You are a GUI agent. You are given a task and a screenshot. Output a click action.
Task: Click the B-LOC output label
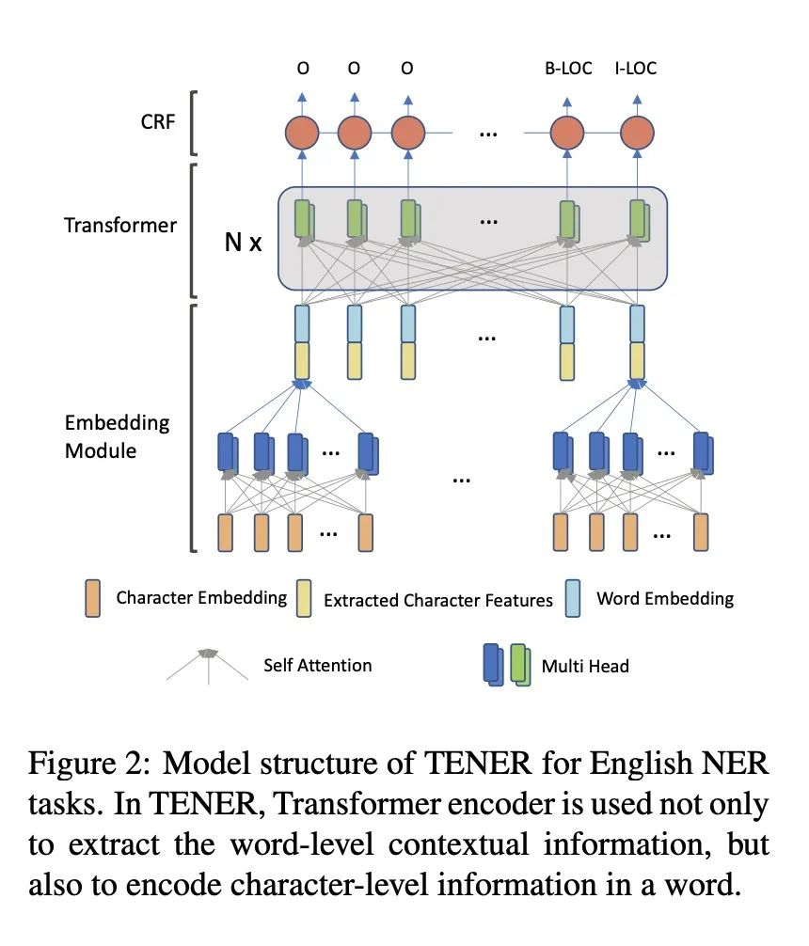click(x=568, y=69)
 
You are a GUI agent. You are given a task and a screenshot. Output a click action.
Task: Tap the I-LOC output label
click(x=636, y=69)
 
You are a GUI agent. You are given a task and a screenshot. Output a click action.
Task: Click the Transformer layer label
click(x=120, y=226)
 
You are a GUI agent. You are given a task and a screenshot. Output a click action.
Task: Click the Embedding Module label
click(x=118, y=436)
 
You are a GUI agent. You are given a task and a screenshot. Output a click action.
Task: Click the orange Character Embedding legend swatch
click(x=92, y=598)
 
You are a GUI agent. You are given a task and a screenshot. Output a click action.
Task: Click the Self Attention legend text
click(x=318, y=665)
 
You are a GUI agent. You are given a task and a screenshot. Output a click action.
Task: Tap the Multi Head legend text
click(x=585, y=666)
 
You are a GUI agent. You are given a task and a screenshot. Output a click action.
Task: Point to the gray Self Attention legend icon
click(x=209, y=661)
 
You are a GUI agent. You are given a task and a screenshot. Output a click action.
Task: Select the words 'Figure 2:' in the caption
click(x=80, y=765)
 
